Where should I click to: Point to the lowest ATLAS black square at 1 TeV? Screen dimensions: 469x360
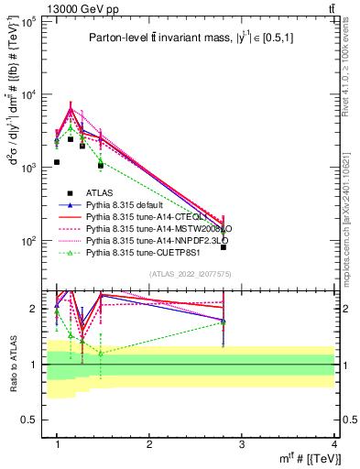point(57,162)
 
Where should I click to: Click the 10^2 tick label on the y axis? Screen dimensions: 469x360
point(30,241)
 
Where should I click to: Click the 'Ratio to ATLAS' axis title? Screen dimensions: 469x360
point(12,364)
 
